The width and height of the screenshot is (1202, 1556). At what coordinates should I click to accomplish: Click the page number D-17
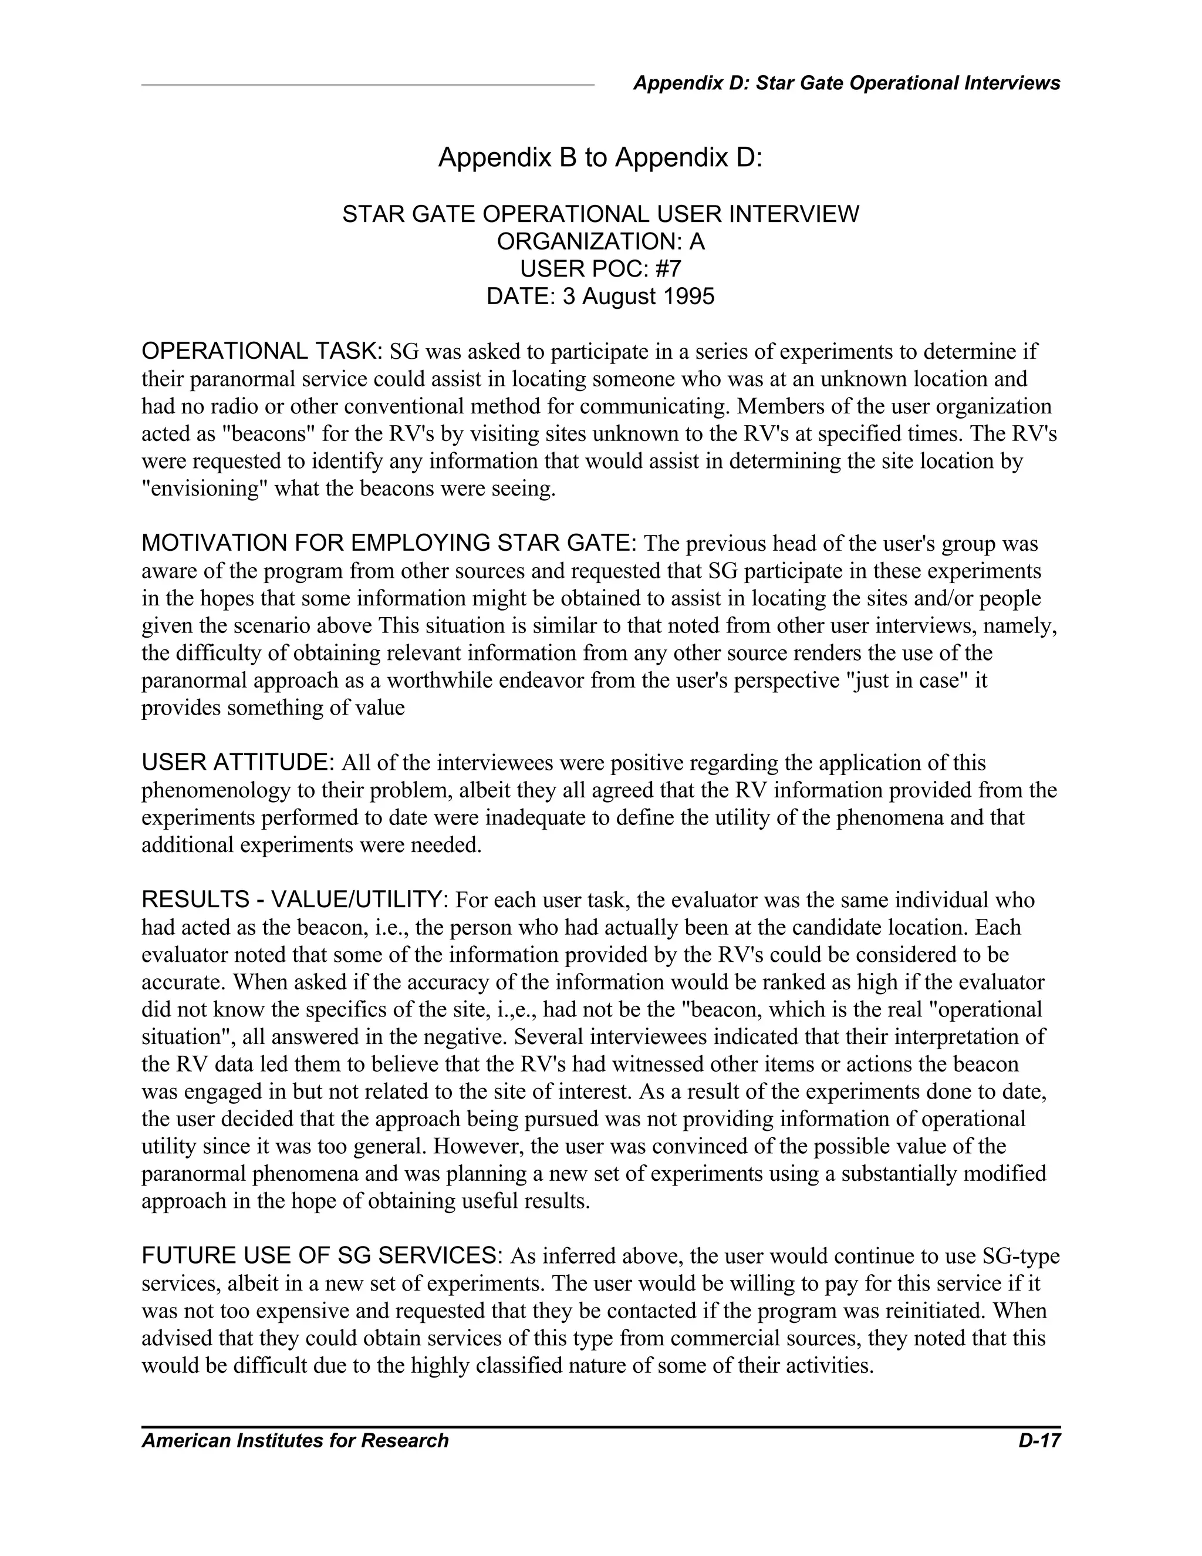coord(1039,1440)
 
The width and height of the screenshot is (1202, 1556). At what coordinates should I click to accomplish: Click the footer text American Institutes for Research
coord(295,1440)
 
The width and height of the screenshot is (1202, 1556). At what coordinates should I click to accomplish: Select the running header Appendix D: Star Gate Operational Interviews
coord(846,83)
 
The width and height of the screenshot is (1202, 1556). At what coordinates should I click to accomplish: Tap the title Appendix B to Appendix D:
coord(600,157)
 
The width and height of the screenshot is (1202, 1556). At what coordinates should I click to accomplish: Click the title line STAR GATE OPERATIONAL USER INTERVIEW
coord(600,214)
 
